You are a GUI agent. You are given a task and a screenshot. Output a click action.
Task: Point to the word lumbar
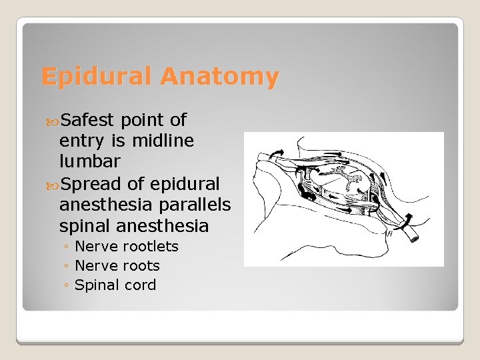(x=90, y=161)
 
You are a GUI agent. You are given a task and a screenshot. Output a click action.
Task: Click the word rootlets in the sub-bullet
(x=153, y=247)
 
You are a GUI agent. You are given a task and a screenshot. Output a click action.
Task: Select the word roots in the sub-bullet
(x=141, y=266)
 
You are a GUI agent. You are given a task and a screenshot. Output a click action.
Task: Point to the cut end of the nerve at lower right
(x=416, y=237)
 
